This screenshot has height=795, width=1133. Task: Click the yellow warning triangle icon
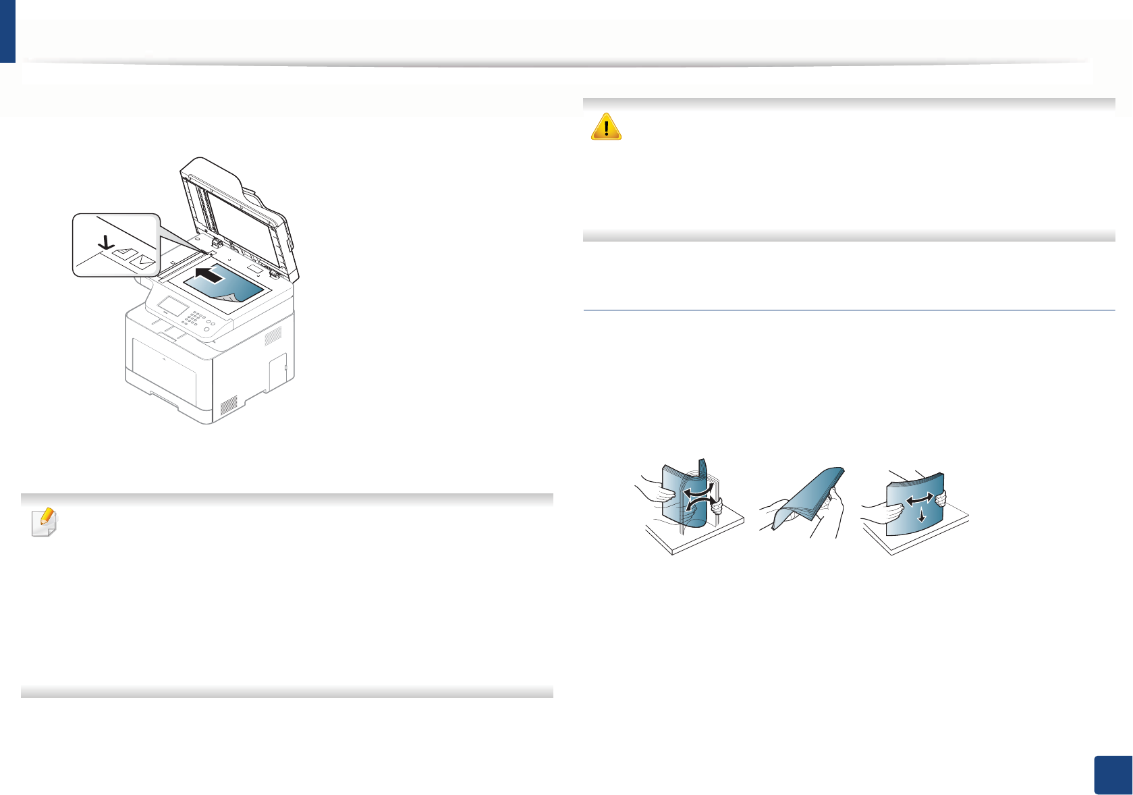pyautogui.click(x=605, y=126)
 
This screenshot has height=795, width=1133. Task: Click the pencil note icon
pyautogui.click(x=45, y=522)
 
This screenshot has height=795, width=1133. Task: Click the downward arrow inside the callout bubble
pyautogui.click(x=105, y=241)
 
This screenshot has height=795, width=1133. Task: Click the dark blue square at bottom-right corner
pyautogui.click(x=1111, y=774)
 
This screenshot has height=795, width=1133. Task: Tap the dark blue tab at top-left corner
pyautogui.click(x=7, y=31)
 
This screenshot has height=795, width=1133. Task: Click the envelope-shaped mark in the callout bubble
pyautogui.click(x=144, y=260)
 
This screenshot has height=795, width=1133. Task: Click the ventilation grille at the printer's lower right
pyautogui.click(x=229, y=404)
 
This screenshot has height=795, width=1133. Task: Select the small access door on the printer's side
pyautogui.click(x=277, y=371)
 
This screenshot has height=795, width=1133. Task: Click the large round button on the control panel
pyautogui.click(x=206, y=329)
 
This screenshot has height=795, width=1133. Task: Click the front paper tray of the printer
pyautogui.click(x=165, y=372)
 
